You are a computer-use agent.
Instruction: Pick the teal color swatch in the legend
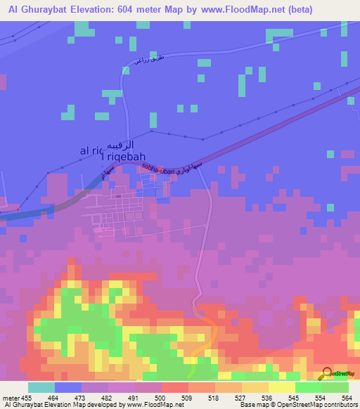[41, 387]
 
